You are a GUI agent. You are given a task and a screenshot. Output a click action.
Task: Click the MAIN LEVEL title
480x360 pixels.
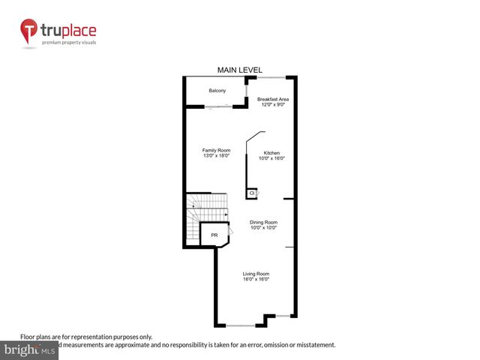[x=239, y=70]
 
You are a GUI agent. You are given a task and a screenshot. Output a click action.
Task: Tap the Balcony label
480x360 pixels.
[x=217, y=91]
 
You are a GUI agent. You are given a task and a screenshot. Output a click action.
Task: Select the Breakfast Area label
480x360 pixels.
[x=273, y=99]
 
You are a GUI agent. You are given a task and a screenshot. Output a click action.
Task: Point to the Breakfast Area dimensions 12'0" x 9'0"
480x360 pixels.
[x=273, y=105]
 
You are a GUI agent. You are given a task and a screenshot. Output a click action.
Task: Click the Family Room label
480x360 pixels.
[x=216, y=151]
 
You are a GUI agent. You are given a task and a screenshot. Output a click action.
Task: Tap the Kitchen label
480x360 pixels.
[x=271, y=153]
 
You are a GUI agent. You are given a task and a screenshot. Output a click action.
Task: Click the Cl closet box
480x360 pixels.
[x=252, y=193]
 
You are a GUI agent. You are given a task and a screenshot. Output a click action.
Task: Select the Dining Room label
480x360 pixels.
[x=263, y=222]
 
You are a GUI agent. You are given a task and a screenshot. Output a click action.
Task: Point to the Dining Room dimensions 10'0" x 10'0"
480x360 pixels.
[x=263, y=228]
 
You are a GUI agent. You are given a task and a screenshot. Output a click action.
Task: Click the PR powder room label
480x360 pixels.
[x=214, y=235]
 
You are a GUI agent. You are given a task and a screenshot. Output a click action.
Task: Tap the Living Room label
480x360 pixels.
[x=256, y=274]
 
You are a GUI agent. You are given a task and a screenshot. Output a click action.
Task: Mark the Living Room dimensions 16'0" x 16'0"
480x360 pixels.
[x=256, y=280]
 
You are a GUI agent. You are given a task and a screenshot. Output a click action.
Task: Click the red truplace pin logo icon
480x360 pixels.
[x=29, y=32]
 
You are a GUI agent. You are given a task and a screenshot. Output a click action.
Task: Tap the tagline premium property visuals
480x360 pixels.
[x=69, y=43]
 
